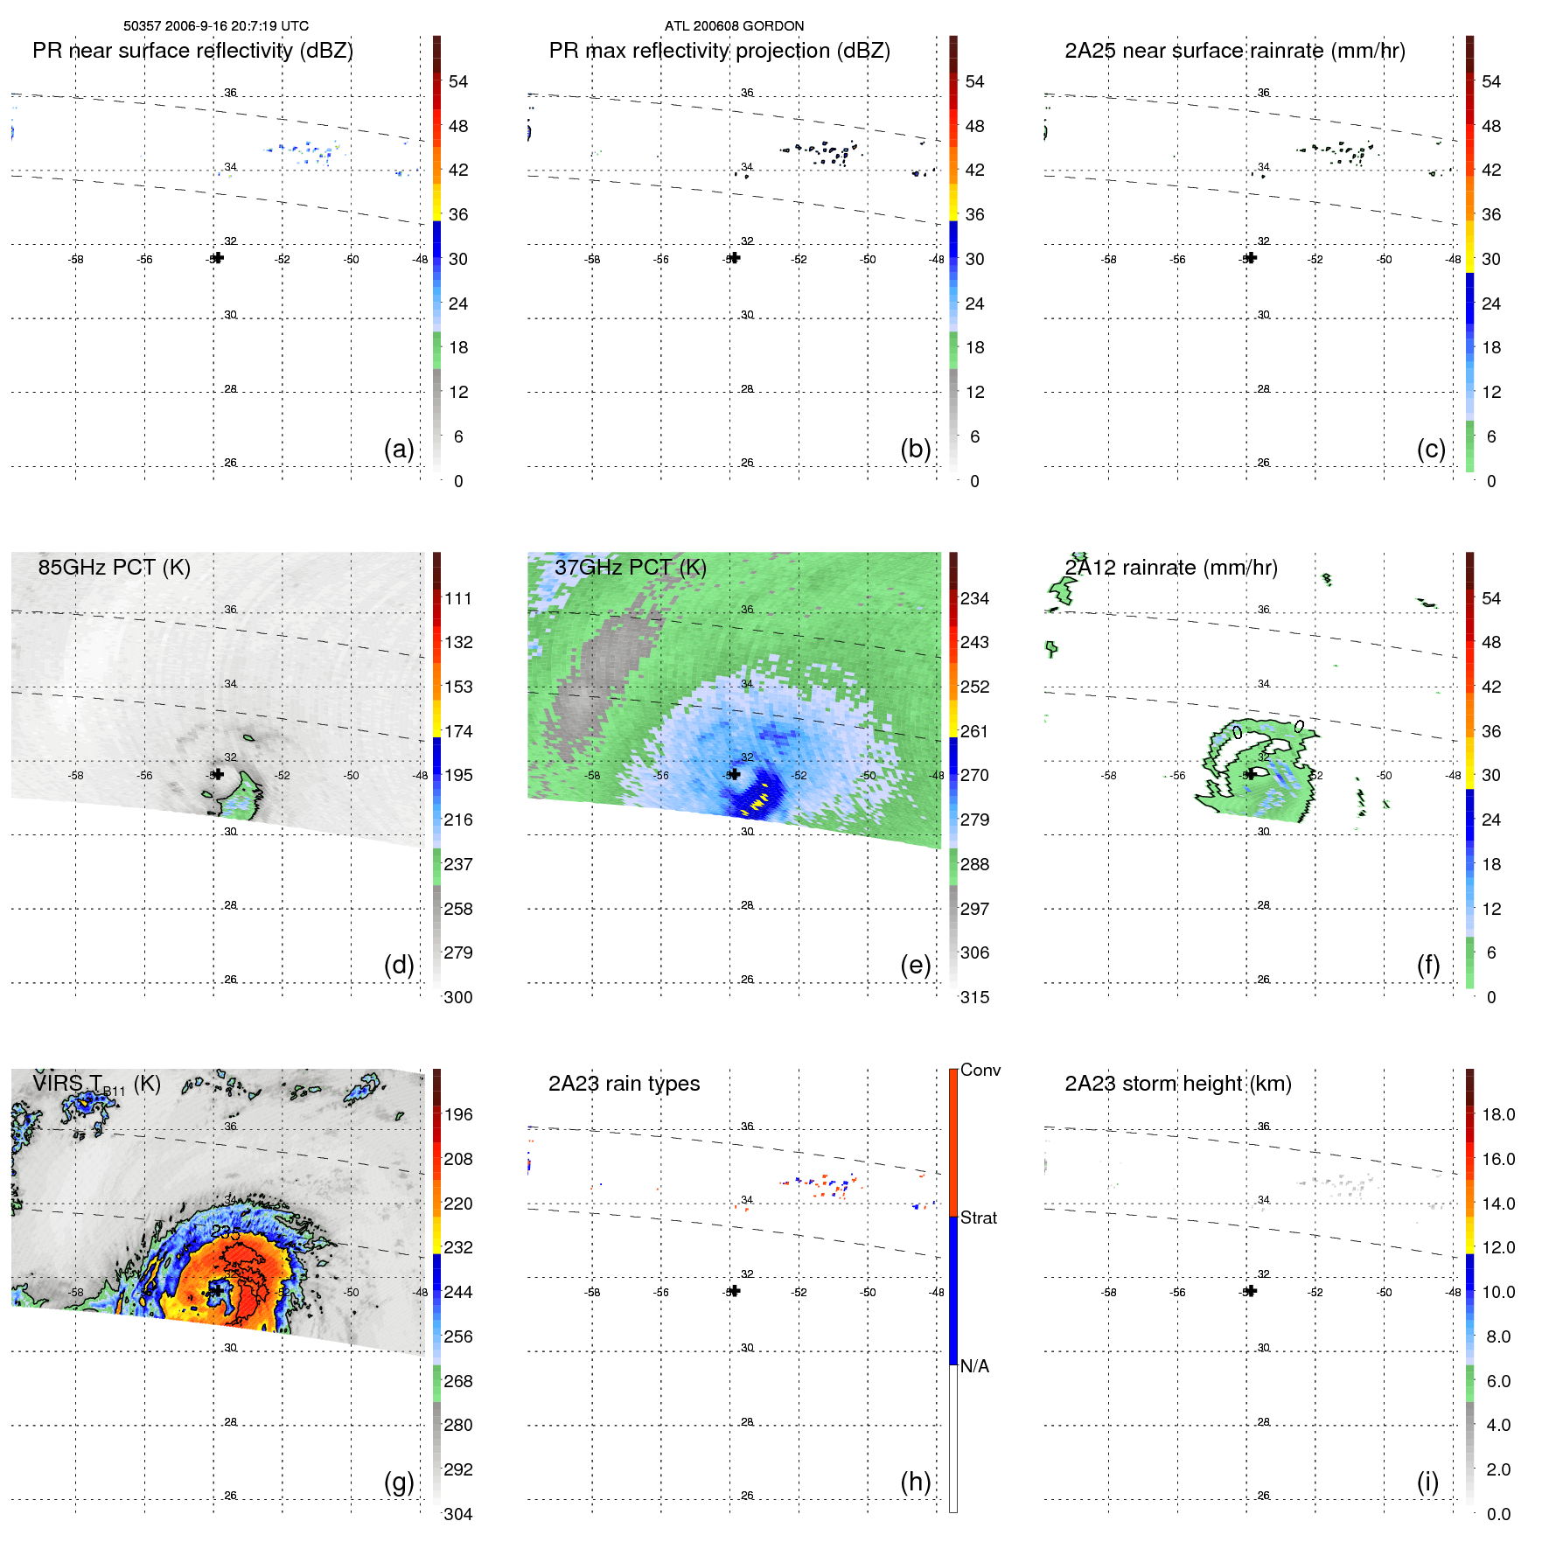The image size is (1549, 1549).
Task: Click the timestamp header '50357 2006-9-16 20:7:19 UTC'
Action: point(215,26)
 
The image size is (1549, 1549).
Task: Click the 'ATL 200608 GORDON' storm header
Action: point(734,26)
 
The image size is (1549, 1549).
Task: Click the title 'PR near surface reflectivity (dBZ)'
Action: point(192,51)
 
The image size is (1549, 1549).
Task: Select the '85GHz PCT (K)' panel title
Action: point(114,568)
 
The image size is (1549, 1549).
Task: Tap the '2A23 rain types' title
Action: point(624,1084)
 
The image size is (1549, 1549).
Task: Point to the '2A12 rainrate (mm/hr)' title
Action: point(1171,568)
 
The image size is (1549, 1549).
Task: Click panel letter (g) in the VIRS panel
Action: point(399,1482)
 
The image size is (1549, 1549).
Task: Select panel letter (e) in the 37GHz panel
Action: point(915,966)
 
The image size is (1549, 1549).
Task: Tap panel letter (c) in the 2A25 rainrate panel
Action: point(1431,450)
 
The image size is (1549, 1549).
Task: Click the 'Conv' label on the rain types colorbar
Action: point(980,1070)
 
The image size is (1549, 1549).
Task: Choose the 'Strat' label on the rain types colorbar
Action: point(978,1218)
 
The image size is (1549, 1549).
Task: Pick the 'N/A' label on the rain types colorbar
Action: point(974,1366)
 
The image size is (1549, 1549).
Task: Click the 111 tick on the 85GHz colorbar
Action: point(458,598)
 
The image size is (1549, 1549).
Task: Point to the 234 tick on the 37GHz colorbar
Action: point(974,598)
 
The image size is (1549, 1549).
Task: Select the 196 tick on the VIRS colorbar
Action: point(458,1114)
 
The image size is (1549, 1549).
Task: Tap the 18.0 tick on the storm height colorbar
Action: point(1498,1114)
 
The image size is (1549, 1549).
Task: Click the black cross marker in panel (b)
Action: point(735,258)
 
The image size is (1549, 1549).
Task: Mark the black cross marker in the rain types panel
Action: point(735,1291)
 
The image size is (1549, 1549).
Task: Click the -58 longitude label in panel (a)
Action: point(76,259)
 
